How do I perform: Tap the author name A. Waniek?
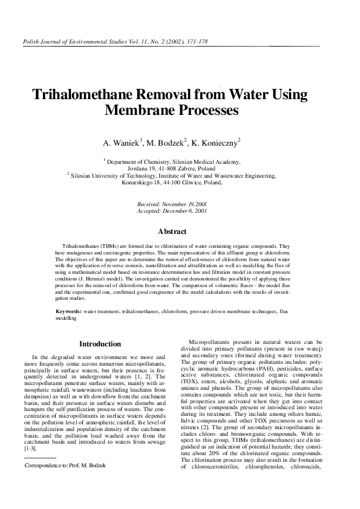121,143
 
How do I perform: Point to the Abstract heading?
172,232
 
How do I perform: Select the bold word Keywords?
68,311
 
